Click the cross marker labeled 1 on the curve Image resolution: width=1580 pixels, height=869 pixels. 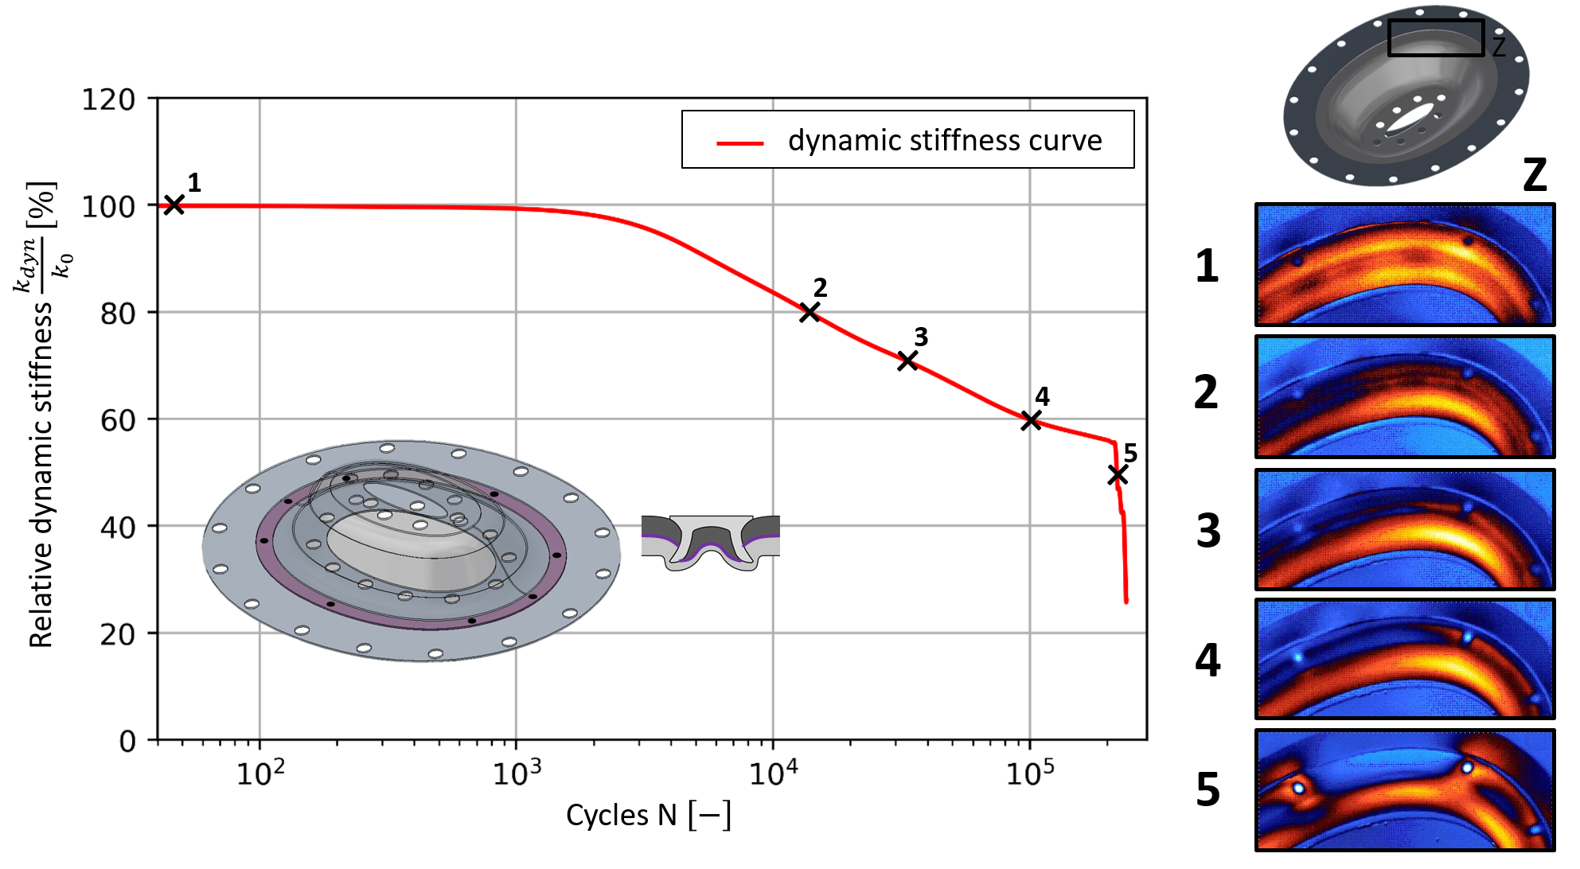click(174, 205)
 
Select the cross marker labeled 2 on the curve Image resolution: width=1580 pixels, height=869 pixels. click(810, 312)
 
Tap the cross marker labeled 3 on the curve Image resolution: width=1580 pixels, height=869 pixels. click(907, 361)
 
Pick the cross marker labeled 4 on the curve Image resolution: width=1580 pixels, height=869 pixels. click(1031, 420)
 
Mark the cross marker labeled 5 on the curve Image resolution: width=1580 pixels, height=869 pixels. click(1118, 475)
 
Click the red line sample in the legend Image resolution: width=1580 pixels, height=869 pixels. click(739, 143)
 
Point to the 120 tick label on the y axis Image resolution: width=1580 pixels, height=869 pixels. click(108, 100)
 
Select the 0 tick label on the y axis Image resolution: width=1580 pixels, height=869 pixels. click(127, 742)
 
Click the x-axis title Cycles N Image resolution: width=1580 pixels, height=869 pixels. click(648, 816)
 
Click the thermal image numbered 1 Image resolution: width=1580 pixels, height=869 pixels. click(1405, 265)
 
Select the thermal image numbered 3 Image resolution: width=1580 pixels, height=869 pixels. click(1405, 529)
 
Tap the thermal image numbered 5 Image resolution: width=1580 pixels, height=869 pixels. click(1405, 789)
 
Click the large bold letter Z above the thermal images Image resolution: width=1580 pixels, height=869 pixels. click(1535, 175)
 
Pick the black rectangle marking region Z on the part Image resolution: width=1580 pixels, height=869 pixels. click(1436, 37)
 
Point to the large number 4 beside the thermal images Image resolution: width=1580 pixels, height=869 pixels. click(1208, 661)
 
